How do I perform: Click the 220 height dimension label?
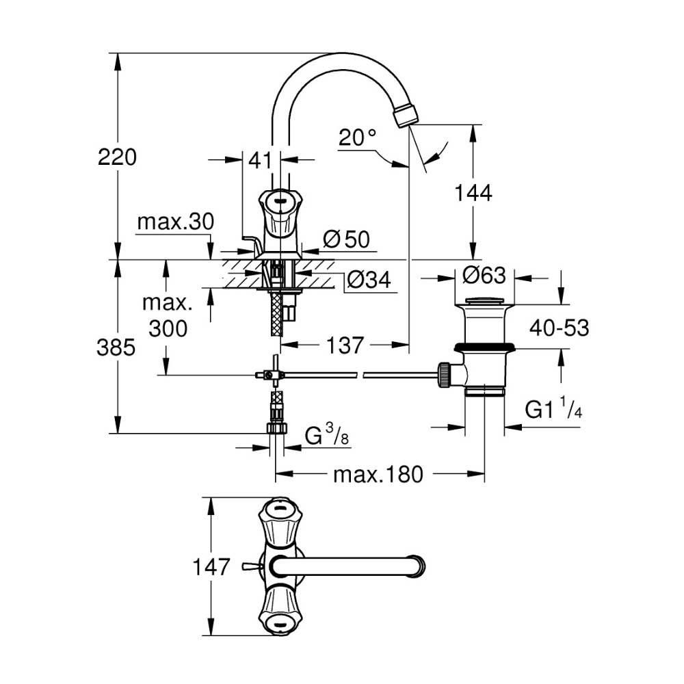[x=117, y=157]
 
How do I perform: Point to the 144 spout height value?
[x=473, y=194]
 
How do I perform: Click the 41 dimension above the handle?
[x=261, y=161]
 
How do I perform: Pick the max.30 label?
[x=176, y=222]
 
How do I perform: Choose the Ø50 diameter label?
[x=346, y=239]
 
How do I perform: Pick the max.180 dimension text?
[x=378, y=473]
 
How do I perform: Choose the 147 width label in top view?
[x=210, y=567]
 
